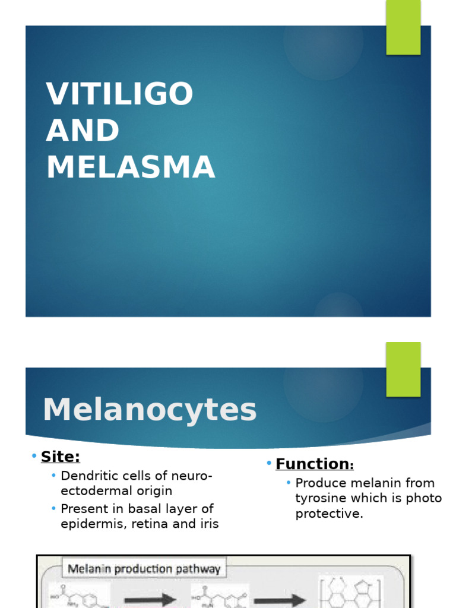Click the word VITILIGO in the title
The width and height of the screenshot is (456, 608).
point(120,94)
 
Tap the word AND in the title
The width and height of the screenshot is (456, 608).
point(83,131)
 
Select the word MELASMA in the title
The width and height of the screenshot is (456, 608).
point(131,167)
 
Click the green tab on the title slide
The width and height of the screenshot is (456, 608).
point(403,27)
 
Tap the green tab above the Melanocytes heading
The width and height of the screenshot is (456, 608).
point(403,369)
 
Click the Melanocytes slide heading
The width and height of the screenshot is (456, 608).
point(150,410)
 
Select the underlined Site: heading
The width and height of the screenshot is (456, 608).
point(60,457)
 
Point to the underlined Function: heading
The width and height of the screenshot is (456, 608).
point(314,464)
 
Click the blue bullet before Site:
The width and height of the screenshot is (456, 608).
point(34,456)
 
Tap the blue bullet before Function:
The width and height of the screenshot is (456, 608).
point(269,463)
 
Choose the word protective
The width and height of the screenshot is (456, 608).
point(329,514)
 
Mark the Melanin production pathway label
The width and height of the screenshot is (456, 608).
point(144,569)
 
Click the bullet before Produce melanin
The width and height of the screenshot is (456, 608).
point(289,483)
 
